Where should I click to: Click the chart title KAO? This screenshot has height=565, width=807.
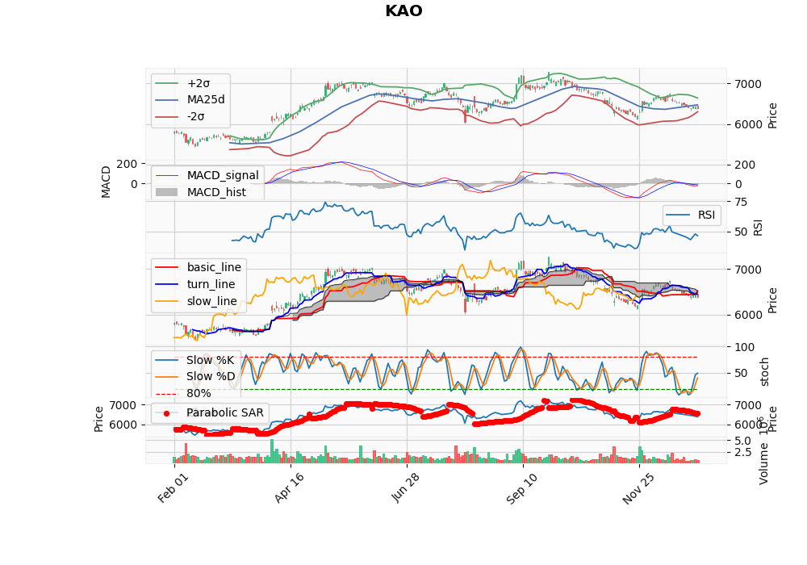click(x=403, y=10)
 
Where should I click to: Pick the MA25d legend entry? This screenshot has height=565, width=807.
click(x=190, y=100)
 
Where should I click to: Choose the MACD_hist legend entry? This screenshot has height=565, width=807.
click(x=201, y=192)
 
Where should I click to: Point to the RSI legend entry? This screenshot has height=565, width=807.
click(x=691, y=215)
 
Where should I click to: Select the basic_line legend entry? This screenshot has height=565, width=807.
click(x=199, y=268)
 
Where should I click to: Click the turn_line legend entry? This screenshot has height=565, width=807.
click(x=195, y=285)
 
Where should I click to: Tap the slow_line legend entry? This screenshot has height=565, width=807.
click(x=196, y=302)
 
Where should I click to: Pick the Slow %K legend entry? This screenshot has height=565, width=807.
click(x=194, y=360)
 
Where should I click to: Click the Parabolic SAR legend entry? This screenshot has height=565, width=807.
click(x=210, y=412)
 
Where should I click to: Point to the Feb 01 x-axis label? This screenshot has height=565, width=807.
click(x=174, y=488)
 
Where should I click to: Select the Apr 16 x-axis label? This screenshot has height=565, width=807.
click(x=289, y=488)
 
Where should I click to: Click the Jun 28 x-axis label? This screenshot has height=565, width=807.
click(x=406, y=488)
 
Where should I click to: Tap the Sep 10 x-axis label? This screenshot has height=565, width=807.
click(x=521, y=488)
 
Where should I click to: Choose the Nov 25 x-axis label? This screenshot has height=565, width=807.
click(x=638, y=488)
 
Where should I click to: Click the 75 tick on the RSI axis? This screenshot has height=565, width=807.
click(x=741, y=202)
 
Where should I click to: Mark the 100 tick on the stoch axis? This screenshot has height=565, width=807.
click(x=744, y=347)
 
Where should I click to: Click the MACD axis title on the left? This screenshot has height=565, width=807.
click(x=106, y=182)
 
